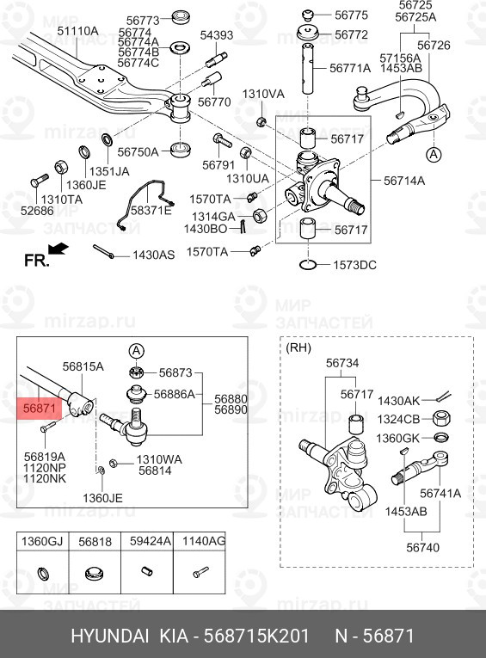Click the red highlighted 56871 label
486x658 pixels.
click(x=40, y=409)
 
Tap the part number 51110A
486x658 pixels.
click(x=77, y=31)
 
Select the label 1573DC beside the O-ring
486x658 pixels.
click(x=354, y=265)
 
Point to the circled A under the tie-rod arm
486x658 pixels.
click(x=434, y=155)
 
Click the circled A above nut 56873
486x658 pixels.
click(x=137, y=351)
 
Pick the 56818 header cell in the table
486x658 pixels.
click(x=95, y=541)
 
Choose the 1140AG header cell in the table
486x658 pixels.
click(x=200, y=541)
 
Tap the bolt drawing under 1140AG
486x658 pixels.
click(x=200, y=571)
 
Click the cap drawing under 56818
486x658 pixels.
click(x=95, y=573)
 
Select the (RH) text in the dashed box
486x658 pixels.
click(x=298, y=347)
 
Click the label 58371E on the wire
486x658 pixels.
click(x=151, y=210)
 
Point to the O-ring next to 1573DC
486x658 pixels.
click(x=309, y=265)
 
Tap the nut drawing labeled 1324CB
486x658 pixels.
click(x=440, y=418)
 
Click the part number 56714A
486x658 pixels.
click(x=404, y=181)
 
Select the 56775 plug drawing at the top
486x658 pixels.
click(x=308, y=15)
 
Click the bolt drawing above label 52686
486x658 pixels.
click(x=39, y=181)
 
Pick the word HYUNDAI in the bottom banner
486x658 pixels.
click(x=110, y=636)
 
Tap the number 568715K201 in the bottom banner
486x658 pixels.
click(x=256, y=636)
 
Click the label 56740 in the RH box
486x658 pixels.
click(x=422, y=548)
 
